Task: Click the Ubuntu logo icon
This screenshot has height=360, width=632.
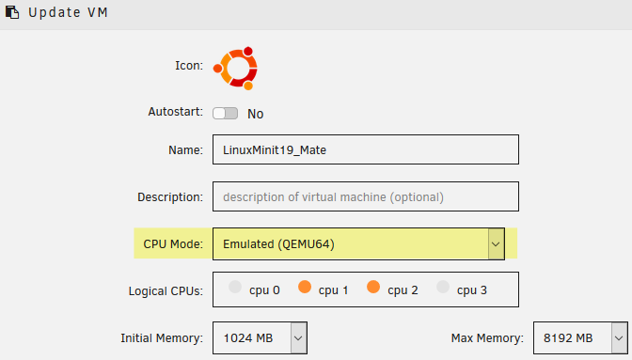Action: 236,68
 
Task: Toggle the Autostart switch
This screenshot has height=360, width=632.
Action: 226,114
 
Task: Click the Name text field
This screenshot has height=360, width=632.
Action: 366,149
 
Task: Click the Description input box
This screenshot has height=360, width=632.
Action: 366,196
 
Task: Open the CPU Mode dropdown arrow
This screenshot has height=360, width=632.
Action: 496,244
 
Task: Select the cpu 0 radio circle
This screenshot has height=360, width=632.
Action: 235,287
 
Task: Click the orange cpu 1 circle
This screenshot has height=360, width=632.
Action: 305,287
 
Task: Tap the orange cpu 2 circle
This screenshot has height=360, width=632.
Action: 373,287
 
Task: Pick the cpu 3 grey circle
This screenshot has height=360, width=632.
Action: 443,287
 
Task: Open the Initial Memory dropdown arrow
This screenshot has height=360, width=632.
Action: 298,337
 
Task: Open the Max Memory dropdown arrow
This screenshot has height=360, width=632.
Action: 619,337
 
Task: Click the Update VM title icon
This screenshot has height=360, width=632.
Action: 12,12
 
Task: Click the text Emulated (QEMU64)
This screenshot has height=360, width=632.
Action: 278,244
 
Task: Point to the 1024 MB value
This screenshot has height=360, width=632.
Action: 248,337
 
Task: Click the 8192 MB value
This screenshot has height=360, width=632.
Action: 568,337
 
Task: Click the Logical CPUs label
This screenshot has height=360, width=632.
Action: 166,290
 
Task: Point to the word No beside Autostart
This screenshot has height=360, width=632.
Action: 256,114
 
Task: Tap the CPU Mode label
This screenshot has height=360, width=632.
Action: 173,244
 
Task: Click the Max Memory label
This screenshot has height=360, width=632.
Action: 487,337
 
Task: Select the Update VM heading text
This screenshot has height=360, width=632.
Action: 68,12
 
